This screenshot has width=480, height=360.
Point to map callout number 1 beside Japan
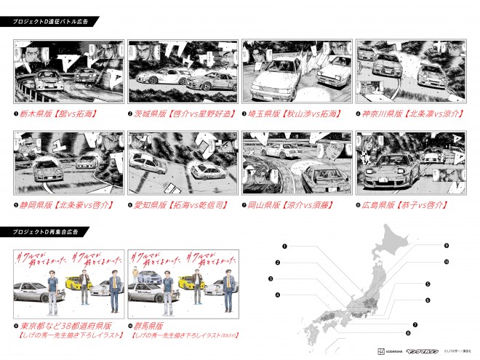pos(285,246)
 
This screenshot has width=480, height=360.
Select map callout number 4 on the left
pos(277,295)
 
